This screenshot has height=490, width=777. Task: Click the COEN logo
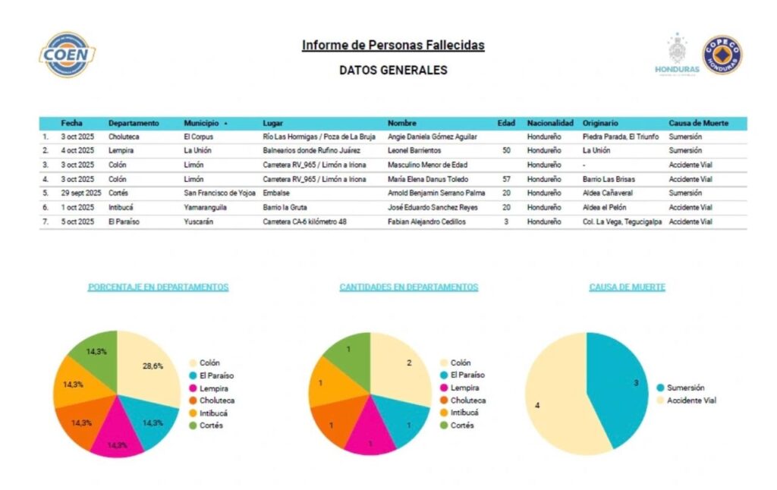point(68,55)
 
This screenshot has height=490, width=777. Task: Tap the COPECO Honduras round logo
point(722,55)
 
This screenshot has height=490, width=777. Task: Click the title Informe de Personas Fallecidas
point(393,46)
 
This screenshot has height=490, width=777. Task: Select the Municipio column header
point(202,123)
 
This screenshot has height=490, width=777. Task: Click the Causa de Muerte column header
point(699,123)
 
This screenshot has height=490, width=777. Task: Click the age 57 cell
point(505,179)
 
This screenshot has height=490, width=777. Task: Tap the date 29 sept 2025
point(81,193)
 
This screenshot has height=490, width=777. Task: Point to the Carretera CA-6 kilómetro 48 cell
point(305,221)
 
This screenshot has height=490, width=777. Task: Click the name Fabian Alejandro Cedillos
point(426,221)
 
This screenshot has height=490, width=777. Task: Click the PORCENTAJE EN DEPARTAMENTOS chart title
point(158,287)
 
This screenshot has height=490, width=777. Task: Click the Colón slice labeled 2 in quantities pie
point(402,367)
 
